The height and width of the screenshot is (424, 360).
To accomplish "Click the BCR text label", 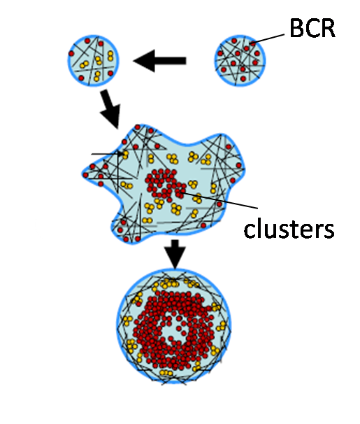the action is (312, 28).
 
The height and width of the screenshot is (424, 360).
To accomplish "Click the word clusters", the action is (289, 229).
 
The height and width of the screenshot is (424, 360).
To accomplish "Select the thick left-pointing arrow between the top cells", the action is (159, 61).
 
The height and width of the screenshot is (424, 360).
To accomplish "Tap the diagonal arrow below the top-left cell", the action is (110, 109).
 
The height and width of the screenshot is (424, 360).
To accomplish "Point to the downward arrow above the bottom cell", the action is (175, 254).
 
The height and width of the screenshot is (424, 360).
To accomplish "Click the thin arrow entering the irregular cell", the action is (108, 154).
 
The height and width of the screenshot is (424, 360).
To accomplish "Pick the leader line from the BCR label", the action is (268, 38).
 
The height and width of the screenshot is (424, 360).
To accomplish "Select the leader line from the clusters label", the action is (219, 200).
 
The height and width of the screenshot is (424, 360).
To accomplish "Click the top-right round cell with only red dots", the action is (240, 61).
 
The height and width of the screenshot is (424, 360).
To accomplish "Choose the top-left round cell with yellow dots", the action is (93, 61).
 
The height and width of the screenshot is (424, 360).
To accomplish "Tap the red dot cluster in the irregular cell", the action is (165, 185).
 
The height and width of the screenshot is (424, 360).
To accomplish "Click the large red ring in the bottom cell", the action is (174, 330).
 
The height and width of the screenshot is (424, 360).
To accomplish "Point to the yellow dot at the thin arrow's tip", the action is (125, 154).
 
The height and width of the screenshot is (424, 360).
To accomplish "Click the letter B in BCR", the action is (297, 28).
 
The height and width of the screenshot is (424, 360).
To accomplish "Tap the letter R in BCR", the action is (328, 28).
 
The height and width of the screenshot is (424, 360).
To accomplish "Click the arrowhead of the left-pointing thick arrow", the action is (144, 61).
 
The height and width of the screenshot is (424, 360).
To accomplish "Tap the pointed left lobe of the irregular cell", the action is (89, 173).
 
